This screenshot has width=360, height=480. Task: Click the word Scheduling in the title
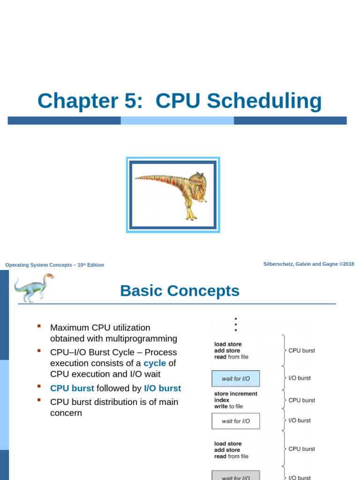(x=264, y=101)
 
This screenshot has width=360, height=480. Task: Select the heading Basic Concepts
(x=180, y=291)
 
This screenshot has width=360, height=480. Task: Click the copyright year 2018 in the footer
(x=348, y=264)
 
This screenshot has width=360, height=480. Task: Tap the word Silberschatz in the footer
(x=280, y=264)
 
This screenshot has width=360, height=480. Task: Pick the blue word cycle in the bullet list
(x=155, y=363)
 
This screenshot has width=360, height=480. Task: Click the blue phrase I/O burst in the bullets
(x=162, y=388)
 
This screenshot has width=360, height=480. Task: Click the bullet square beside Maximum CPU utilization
(x=39, y=325)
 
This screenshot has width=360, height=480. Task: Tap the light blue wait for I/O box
(x=235, y=379)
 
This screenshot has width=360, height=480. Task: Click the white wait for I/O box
(x=235, y=421)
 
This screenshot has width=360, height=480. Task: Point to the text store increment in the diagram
(x=235, y=394)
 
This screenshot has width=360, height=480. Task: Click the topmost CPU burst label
(x=301, y=350)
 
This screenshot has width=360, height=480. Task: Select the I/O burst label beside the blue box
(x=300, y=378)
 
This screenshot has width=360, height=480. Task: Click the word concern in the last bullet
(x=66, y=413)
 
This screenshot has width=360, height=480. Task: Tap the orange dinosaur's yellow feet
(x=191, y=216)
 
